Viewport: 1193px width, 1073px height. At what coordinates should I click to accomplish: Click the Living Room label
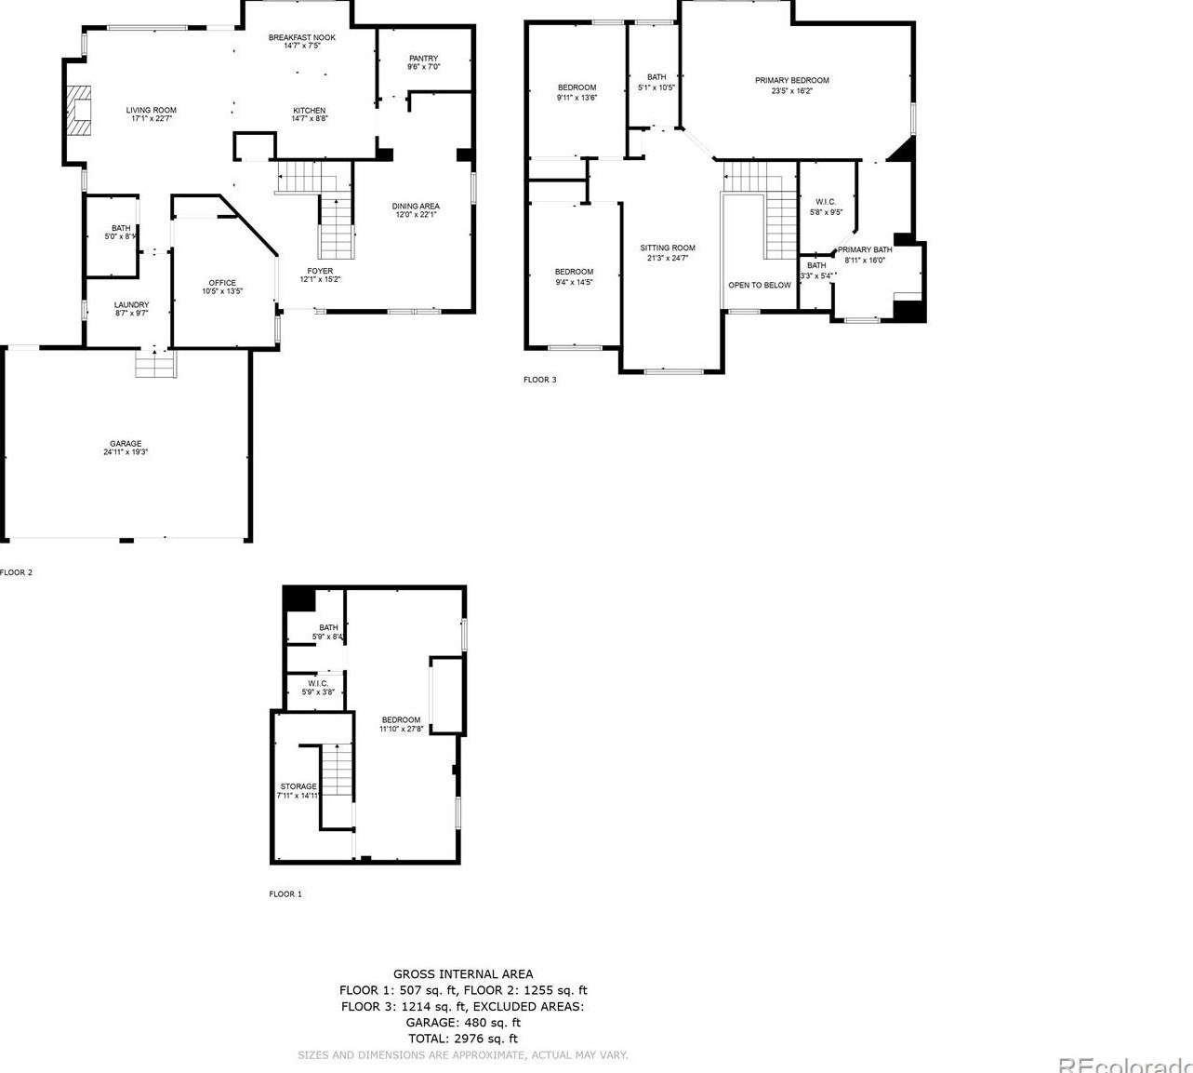point(151,110)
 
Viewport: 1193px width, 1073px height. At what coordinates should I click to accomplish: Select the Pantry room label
point(423,59)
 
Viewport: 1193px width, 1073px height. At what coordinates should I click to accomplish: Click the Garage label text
point(126,444)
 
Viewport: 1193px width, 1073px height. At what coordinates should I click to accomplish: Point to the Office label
point(222,283)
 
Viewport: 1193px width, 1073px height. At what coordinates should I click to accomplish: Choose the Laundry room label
point(131,304)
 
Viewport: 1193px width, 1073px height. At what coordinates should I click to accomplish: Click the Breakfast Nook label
point(302,37)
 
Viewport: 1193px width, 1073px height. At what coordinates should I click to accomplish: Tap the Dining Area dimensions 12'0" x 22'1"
point(416,215)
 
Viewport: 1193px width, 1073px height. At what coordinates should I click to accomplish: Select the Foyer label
point(320,271)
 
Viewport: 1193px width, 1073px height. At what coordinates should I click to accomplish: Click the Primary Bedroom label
point(791,81)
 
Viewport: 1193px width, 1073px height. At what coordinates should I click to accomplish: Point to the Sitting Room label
point(667,248)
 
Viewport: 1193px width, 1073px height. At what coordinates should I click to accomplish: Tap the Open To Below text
point(759,285)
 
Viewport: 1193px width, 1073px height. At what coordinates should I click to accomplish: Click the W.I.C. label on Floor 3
point(826,202)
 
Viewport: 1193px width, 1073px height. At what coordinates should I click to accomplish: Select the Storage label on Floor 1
point(298,786)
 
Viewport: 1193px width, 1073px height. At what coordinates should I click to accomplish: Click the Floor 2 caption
point(17,572)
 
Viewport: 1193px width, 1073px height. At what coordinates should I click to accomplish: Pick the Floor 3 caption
point(539,380)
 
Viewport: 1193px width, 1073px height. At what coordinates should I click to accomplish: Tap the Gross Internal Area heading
point(463,974)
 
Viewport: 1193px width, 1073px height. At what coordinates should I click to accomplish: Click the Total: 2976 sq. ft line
point(463,1039)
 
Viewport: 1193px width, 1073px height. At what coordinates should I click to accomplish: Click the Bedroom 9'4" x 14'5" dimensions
point(574,282)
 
